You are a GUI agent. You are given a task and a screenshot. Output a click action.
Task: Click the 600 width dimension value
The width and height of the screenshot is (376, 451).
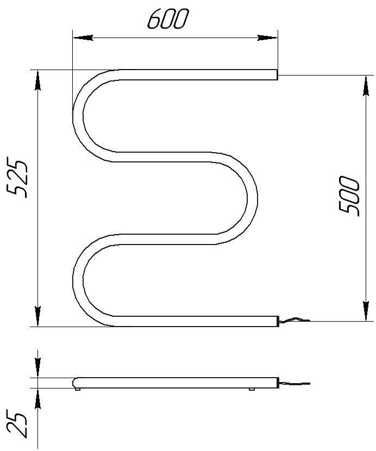[168, 19]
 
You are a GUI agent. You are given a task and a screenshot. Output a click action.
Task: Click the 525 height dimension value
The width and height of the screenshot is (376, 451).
[17, 177]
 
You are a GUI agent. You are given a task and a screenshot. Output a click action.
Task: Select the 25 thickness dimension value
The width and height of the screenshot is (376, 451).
[17, 425]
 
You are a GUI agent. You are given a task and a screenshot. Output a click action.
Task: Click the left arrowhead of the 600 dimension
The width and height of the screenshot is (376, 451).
[83, 37]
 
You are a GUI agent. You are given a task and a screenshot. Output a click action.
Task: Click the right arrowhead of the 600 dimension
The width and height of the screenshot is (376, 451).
[267, 37]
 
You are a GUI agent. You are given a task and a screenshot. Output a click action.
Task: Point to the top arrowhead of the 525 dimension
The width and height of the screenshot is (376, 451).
[37, 80]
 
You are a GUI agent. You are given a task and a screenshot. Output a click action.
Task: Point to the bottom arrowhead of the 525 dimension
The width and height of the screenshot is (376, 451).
[37, 316]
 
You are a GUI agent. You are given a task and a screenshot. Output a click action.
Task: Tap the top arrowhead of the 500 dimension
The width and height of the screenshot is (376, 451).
[366, 86]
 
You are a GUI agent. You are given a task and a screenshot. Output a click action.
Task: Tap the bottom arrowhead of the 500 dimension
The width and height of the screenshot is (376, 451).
[366, 311]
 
